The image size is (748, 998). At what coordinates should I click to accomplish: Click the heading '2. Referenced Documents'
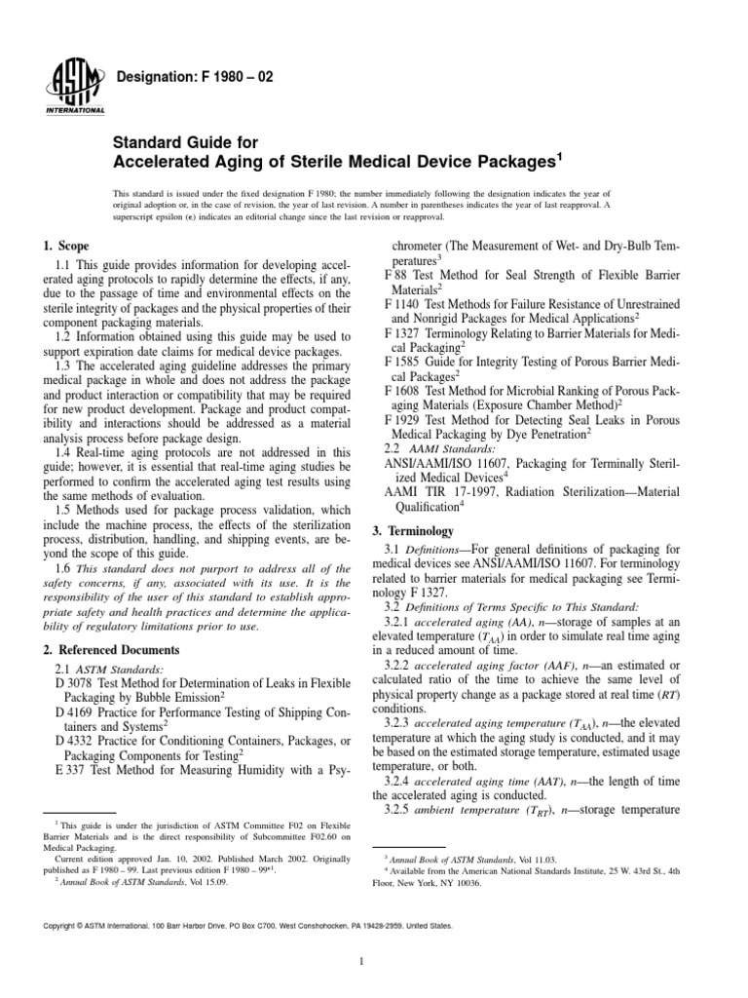(x=112, y=648)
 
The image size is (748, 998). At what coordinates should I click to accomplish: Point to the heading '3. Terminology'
(x=414, y=531)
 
